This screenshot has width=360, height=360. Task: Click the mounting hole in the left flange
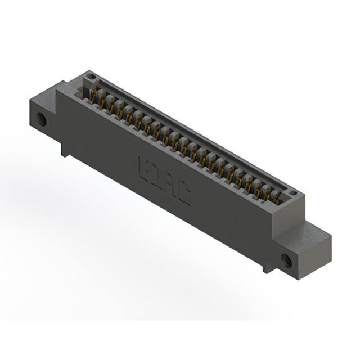click(x=42, y=119)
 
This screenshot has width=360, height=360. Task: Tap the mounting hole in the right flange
click(x=287, y=260)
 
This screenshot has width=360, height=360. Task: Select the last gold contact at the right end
click(x=276, y=196)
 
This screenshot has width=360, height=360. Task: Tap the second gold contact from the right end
click(x=267, y=192)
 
